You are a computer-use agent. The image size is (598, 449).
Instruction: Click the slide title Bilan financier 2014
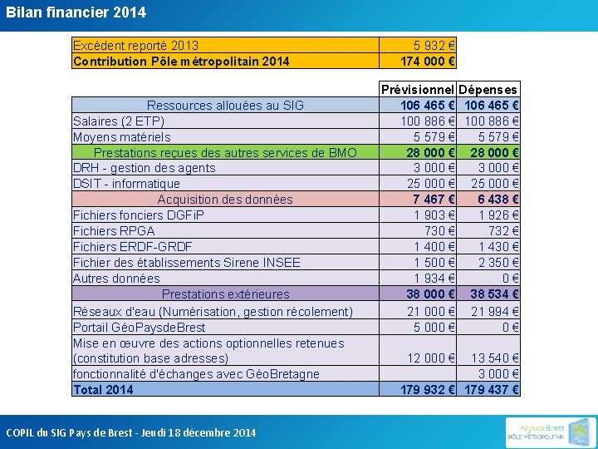(76, 12)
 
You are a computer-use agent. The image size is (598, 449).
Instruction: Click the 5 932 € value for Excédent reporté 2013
(434, 45)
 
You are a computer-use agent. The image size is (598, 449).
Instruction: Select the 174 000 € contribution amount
(428, 61)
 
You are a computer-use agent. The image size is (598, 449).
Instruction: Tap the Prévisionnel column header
(418, 89)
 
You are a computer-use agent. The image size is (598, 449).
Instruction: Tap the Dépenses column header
(488, 89)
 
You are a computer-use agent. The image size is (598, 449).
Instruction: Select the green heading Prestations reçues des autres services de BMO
(225, 152)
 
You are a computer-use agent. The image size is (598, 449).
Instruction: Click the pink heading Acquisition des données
(225, 200)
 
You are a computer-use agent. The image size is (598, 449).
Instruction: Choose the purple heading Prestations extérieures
(226, 294)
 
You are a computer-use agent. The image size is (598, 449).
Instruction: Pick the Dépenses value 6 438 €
(495, 200)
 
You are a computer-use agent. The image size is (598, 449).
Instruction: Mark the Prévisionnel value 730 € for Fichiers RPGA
(440, 231)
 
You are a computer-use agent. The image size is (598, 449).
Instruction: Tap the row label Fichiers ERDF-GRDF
(133, 247)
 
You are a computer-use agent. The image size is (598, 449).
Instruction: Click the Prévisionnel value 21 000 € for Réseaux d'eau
(430, 311)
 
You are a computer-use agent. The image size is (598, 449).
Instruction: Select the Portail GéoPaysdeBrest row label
(140, 327)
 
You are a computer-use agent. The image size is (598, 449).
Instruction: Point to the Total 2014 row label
(103, 389)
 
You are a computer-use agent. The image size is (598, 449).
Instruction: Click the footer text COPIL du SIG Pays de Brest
(131, 432)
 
